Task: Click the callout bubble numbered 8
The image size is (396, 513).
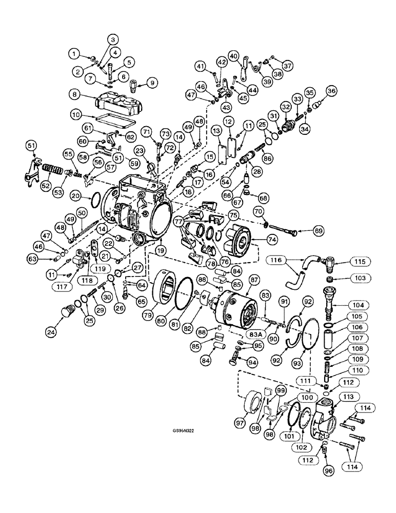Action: click(x=76, y=95)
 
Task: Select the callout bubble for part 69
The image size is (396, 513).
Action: click(x=319, y=231)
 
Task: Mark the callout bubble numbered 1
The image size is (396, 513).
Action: click(x=76, y=52)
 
